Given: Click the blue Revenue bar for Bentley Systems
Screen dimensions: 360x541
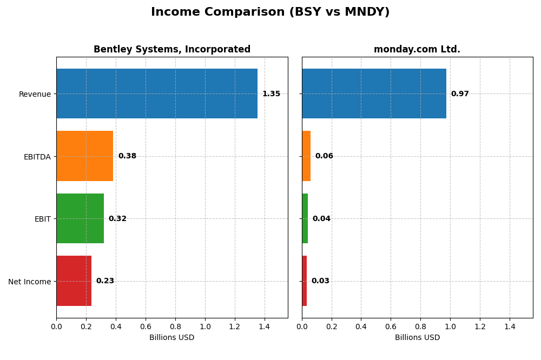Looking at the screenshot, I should [x=157, y=94].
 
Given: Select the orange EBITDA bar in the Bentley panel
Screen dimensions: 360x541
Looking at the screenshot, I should [x=85, y=156].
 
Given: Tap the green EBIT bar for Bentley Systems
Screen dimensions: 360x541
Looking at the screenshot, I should [x=80, y=218].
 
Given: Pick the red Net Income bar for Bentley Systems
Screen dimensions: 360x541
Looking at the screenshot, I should [x=74, y=281].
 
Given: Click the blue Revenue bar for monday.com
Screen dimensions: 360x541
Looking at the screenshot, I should [x=374, y=94].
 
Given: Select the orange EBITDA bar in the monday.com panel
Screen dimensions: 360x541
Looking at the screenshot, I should [x=306, y=156].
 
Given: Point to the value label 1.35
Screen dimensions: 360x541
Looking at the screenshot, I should [x=271, y=94].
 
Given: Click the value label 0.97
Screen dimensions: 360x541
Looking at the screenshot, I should [x=460, y=94].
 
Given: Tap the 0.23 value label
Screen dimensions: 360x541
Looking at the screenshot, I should [x=105, y=281].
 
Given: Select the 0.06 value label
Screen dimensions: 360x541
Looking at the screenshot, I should [x=324, y=156].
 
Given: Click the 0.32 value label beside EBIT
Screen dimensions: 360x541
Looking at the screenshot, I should [x=117, y=219].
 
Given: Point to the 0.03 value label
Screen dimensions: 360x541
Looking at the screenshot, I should [x=320, y=281].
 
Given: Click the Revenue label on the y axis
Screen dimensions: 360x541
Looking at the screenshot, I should [x=35, y=94].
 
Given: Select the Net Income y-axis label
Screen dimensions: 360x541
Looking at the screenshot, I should [x=30, y=282].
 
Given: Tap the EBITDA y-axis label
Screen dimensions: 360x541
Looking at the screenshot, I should [x=37, y=157].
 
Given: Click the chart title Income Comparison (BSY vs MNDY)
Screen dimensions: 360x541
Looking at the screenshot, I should [x=270, y=12].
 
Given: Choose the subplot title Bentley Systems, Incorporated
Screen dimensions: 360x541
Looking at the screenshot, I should [x=172, y=50].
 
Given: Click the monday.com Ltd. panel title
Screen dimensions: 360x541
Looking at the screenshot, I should [x=417, y=50].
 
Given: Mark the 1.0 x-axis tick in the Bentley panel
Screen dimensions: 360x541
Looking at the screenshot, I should [x=205, y=326].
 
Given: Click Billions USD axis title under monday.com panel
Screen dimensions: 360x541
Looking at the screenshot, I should [x=417, y=338].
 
